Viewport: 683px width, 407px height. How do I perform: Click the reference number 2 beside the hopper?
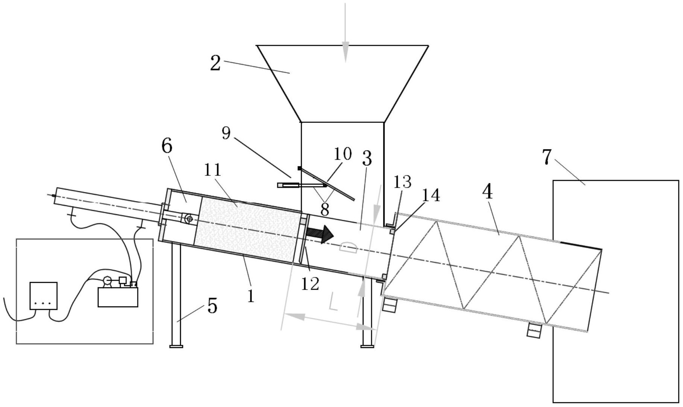[x=215, y=63]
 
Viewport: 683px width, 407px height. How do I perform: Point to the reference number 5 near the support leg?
[x=212, y=306]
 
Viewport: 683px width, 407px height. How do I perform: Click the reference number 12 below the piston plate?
[x=310, y=284]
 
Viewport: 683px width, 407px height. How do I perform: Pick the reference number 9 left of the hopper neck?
[x=226, y=133]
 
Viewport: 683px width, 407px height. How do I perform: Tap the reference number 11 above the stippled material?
[x=213, y=170]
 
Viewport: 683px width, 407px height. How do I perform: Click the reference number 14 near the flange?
[x=431, y=195]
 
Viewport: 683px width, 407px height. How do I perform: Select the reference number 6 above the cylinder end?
[x=167, y=146]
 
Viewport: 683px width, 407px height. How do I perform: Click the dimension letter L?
[x=333, y=301]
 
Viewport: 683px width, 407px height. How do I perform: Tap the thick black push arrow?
[x=320, y=235]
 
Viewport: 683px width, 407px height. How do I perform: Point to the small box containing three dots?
[x=44, y=296]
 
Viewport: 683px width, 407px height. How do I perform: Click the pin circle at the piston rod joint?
[x=189, y=219]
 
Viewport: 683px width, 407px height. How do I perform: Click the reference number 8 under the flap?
[x=324, y=209]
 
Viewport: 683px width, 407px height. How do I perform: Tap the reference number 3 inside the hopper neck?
[x=367, y=159]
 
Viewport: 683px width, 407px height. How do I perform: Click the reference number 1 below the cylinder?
[x=251, y=296]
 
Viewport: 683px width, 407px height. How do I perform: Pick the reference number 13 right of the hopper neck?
[x=402, y=182]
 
